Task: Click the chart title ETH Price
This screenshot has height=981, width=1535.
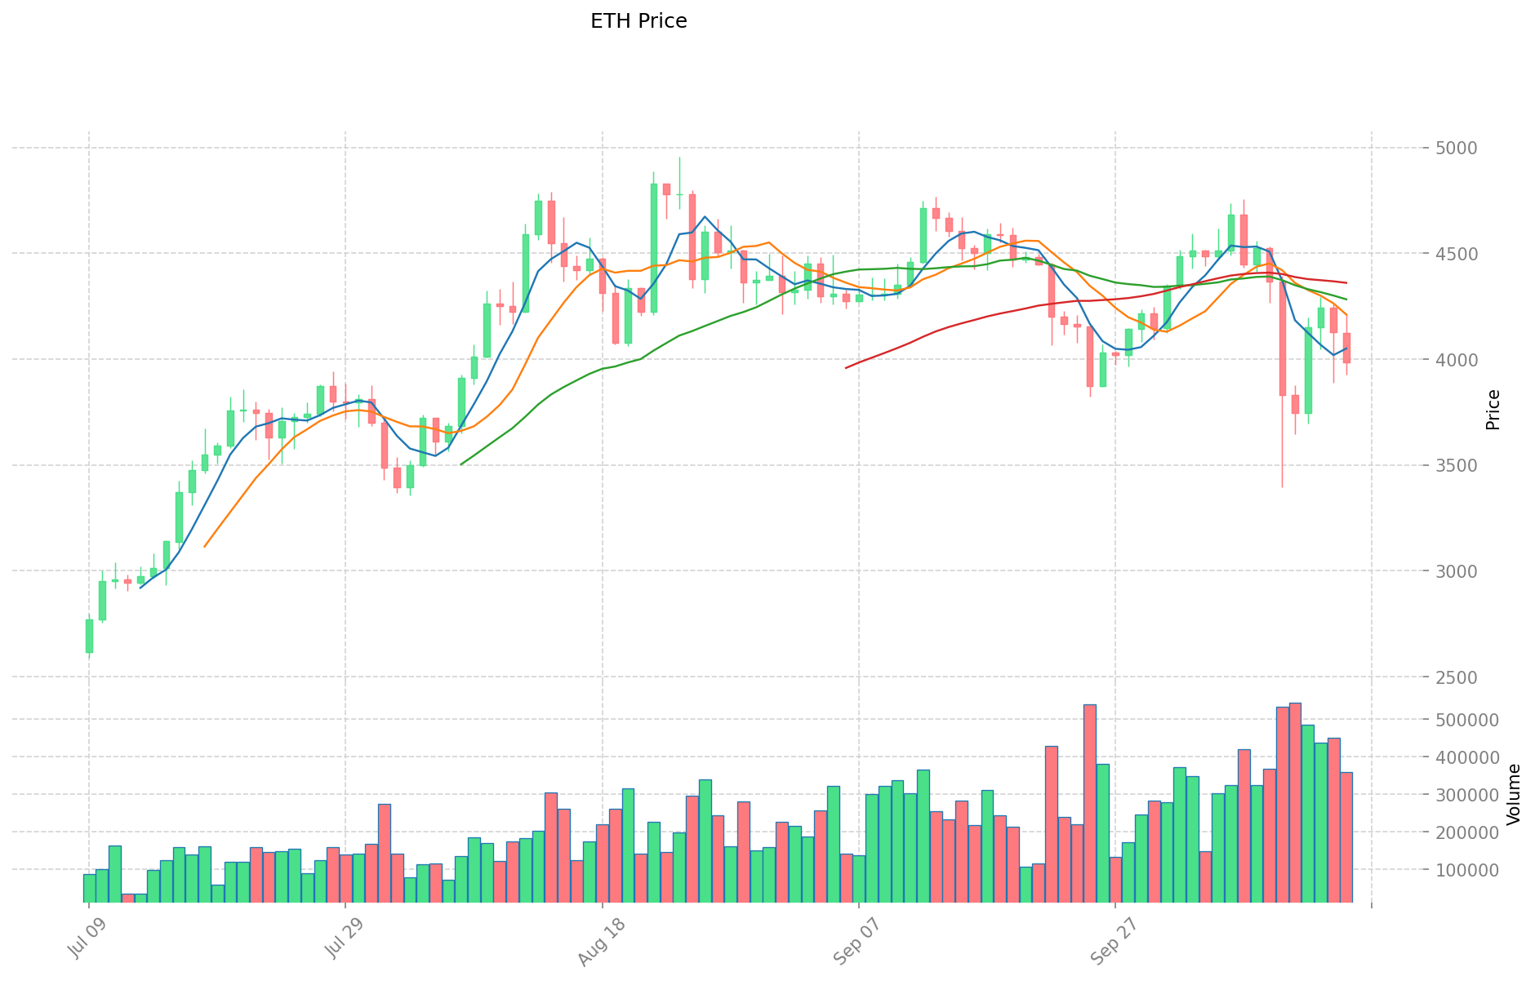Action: pyautogui.click(x=638, y=21)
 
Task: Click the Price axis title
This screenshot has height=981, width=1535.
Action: pyautogui.click(x=1493, y=409)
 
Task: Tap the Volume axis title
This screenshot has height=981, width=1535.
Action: pyautogui.click(x=1514, y=793)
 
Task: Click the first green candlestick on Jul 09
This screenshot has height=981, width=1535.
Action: pyautogui.click(x=89, y=636)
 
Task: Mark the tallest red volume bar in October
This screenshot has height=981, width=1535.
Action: pyautogui.click(x=1295, y=802)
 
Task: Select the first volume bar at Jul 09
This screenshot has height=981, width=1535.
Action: pyautogui.click(x=89, y=888)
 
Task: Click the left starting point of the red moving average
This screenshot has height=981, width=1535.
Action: pyautogui.click(x=846, y=367)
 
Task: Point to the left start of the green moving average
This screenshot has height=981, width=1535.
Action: pyautogui.click(x=461, y=464)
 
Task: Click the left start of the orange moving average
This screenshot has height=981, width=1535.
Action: pyautogui.click(x=204, y=546)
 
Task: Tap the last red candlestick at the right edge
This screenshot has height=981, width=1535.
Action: pyautogui.click(x=1346, y=348)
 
